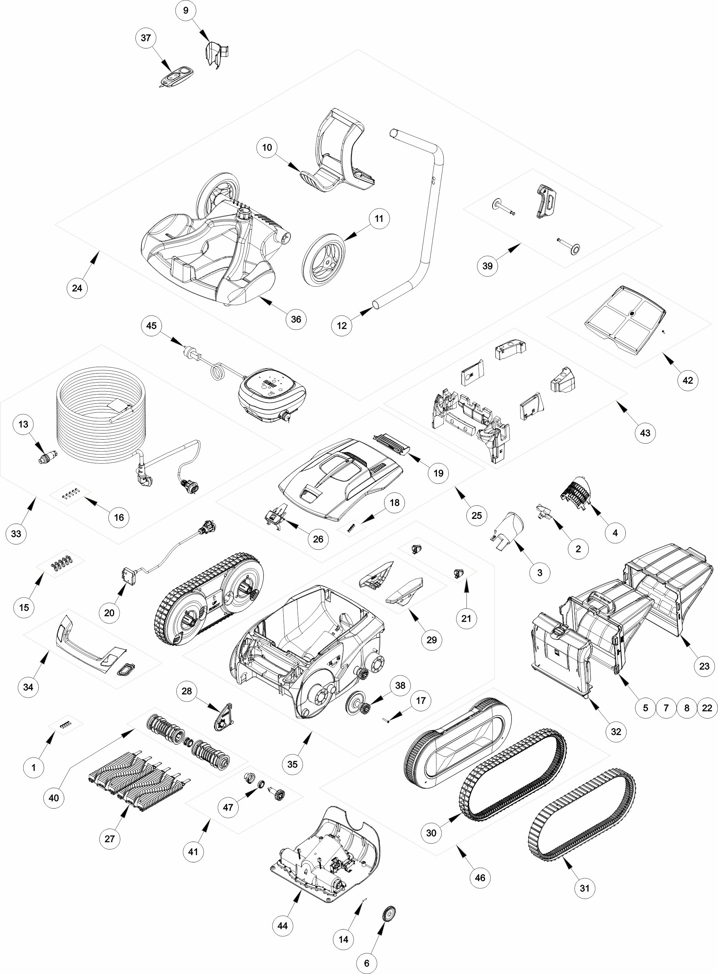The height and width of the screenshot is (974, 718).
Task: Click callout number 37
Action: tap(146, 38)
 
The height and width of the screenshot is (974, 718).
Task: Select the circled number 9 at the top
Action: tap(186, 10)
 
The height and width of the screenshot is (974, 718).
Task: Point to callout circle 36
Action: tap(296, 319)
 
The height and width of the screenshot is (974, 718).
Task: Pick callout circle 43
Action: tap(645, 433)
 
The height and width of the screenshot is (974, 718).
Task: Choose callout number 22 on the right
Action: tap(707, 708)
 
